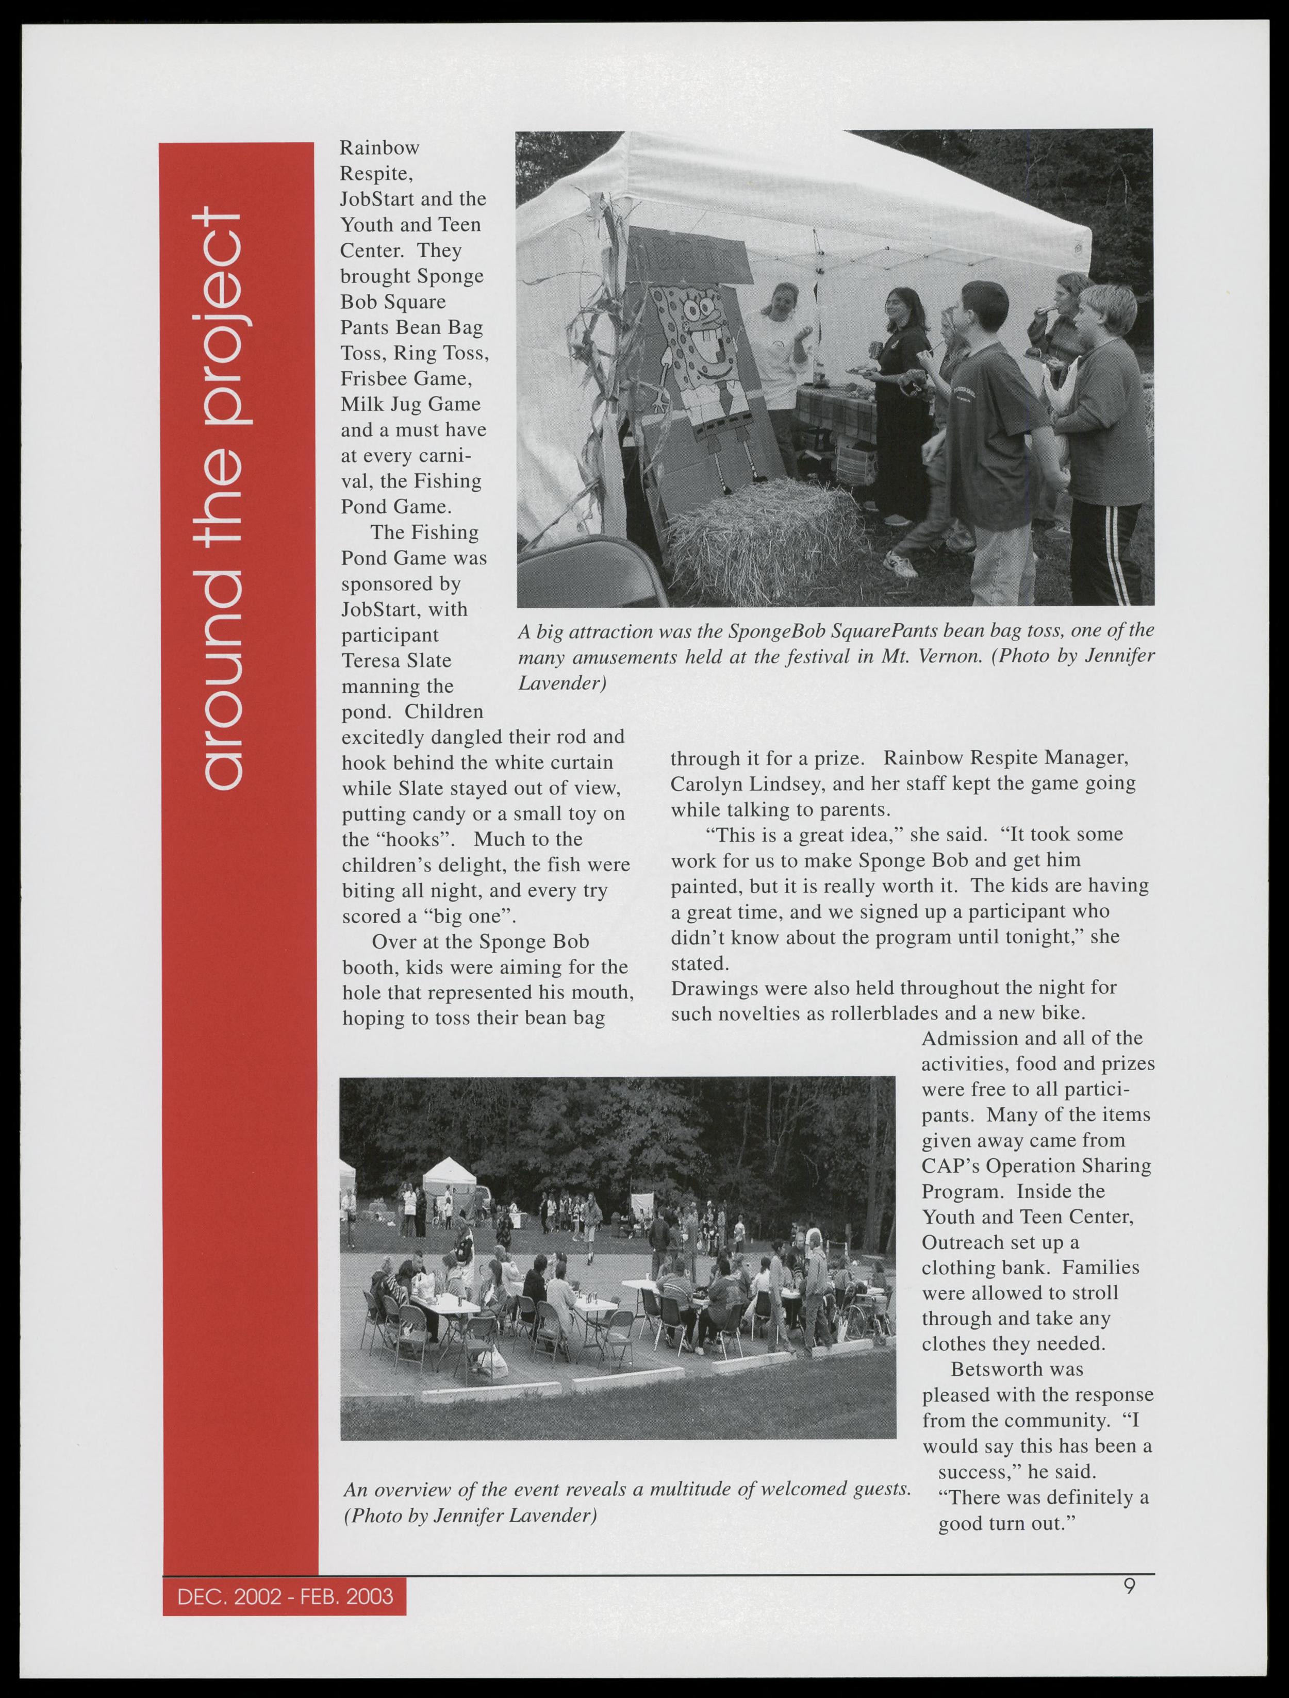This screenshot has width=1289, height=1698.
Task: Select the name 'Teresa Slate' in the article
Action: coord(396,661)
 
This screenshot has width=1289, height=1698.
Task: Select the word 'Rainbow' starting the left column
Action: coord(380,147)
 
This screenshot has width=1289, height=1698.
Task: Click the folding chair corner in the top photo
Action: coord(584,572)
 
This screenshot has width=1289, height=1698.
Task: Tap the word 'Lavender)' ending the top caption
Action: coord(562,683)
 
